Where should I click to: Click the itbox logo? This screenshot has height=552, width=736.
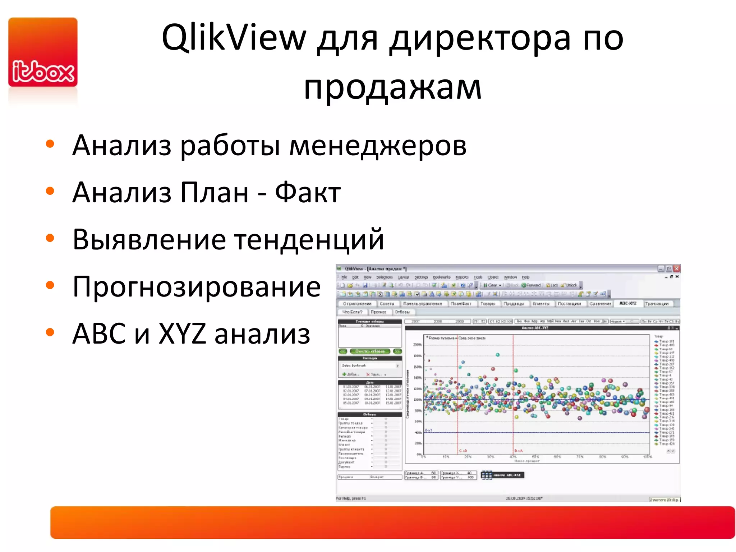tap(43, 52)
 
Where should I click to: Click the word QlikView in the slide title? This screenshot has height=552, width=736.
tap(234, 38)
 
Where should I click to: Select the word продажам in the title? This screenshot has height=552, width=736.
tap(392, 87)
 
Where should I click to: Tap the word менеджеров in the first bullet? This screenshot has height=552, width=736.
tap(378, 146)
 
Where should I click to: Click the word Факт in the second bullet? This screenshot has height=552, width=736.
tap(308, 193)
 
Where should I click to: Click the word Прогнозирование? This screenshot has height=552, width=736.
tap(196, 287)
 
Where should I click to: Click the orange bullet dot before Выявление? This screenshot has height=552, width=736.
tap(50, 238)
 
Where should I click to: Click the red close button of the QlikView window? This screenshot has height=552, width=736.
tap(677, 268)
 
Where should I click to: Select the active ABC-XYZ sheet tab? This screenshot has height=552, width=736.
tap(628, 303)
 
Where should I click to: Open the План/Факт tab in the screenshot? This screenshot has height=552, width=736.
tap(461, 304)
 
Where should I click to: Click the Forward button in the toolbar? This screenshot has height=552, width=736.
tap(532, 285)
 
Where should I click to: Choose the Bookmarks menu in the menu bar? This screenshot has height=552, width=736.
tap(441, 277)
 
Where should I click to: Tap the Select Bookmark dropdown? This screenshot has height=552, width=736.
tap(370, 365)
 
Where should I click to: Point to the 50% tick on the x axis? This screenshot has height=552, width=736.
tap(535, 457)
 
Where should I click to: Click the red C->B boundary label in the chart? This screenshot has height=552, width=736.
tap(463, 451)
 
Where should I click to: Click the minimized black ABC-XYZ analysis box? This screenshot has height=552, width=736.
tap(503, 475)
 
